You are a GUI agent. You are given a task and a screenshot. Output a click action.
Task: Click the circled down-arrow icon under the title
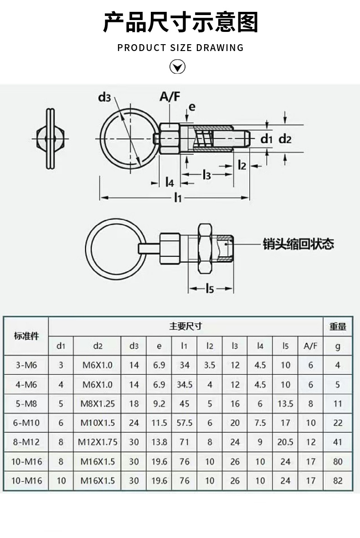pos(177,67)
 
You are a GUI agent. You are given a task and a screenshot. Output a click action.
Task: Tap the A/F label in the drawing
pos(170,97)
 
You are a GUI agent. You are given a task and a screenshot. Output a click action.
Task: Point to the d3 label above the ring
pos(105,97)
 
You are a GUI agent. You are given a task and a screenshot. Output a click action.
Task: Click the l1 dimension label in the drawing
pos(177,198)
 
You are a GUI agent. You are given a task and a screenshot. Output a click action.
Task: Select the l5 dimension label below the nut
pos(210,288)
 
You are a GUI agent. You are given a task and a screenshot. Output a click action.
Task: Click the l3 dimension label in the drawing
pos(206,175)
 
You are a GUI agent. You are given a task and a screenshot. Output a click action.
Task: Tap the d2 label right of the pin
pos(285,139)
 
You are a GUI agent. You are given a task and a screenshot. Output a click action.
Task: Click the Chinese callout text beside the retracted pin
pos(298,244)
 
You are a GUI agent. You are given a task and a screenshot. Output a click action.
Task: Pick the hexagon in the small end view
pos(51,138)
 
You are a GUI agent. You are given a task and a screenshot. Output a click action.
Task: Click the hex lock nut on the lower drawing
pos(205,248)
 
